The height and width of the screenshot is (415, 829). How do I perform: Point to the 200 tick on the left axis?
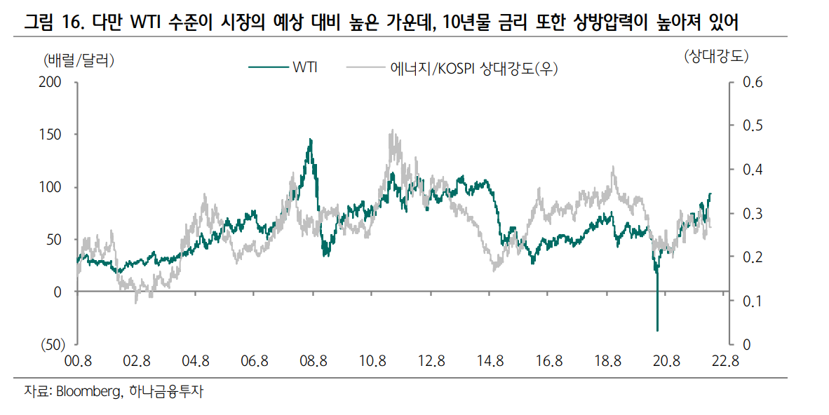pyautogui.click(x=54, y=82)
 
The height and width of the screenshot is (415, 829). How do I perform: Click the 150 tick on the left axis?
pyautogui.click(x=54, y=134)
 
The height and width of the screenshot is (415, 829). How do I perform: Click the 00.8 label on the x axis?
pyautogui.click(x=77, y=362)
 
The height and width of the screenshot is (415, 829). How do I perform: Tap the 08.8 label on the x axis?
pyautogui.click(x=313, y=362)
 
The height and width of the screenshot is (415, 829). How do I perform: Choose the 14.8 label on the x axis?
pyautogui.click(x=490, y=362)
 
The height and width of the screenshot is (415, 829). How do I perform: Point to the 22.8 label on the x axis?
pyautogui.click(x=725, y=362)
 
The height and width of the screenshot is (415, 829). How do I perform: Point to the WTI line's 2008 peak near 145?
pyautogui.click(x=311, y=140)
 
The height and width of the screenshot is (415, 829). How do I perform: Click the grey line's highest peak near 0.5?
pyautogui.click(x=392, y=130)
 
